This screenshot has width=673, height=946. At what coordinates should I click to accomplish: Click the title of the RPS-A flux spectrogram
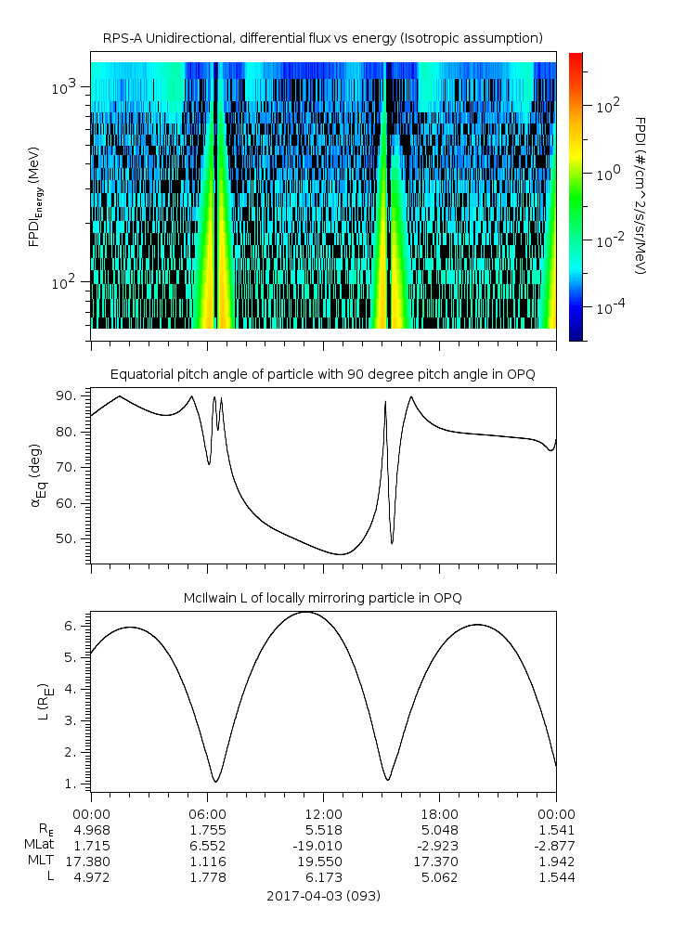point(322,38)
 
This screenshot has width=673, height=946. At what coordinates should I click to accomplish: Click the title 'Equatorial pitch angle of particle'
point(322,374)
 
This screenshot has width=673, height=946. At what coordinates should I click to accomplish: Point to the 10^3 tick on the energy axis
point(71,87)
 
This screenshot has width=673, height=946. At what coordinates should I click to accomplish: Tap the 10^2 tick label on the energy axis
point(71,282)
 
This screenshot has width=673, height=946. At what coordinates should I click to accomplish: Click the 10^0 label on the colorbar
point(608,173)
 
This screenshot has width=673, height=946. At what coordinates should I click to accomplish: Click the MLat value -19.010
point(323,846)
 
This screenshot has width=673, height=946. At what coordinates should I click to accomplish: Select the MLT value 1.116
point(207,862)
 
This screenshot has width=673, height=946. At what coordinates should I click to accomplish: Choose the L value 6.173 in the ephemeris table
point(323,877)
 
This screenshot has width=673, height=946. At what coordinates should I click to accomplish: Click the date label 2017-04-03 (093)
point(323,896)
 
